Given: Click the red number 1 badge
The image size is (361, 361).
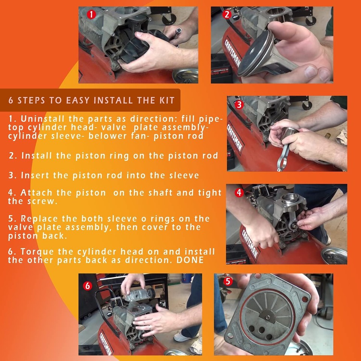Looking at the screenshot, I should tap(91, 15).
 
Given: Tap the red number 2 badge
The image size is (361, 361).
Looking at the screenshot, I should tap(226, 15).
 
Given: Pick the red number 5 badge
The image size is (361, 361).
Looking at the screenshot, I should tap(226, 282).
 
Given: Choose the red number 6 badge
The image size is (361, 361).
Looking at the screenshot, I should tap(88, 286).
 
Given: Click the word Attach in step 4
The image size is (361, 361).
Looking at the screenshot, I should tap(35, 193).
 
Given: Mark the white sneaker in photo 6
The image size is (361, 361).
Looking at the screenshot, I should tap(184, 337).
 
